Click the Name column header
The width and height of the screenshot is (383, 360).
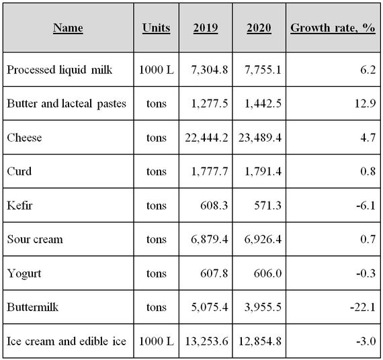[68, 28]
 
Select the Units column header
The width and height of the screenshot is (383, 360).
[156, 28]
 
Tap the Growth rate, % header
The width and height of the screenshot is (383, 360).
[333, 28]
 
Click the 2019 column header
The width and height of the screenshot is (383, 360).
[206, 28]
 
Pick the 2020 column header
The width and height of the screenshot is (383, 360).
[259, 28]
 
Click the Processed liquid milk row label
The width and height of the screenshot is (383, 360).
[59, 70]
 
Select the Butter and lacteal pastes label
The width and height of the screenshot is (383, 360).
[67, 103]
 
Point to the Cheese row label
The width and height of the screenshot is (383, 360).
[24, 138]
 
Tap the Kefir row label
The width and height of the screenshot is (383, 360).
[19, 205]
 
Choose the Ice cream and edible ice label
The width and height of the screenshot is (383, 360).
[67, 341]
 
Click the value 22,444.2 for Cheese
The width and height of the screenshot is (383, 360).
[206, 138]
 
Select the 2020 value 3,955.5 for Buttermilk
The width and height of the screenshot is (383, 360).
[263, 307]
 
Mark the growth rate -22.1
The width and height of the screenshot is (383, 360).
[363, 307]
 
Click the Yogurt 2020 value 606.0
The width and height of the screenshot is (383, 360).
[267, 273]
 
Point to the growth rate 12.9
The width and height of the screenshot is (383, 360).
[365, 103]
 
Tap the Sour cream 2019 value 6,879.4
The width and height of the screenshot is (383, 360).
[210, 239]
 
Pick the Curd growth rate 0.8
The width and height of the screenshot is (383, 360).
[368, 171]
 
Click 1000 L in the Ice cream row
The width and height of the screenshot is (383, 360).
[157, 341]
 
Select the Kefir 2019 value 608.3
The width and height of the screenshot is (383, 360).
[214, 205]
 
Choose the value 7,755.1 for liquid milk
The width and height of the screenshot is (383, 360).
[263, 70]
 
